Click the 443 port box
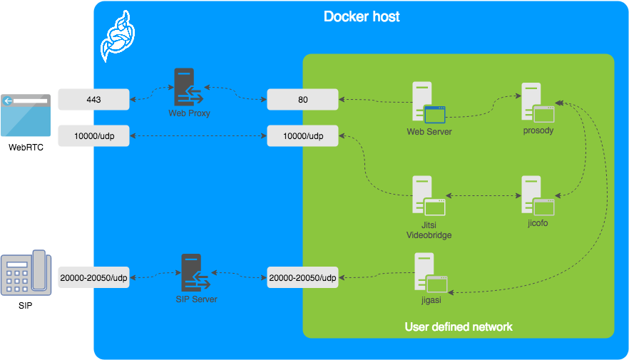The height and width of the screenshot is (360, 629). [x=94, y=99]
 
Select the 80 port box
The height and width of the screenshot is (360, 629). [x=303, y=99]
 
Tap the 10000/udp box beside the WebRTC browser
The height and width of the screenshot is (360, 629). [x=94, y=136]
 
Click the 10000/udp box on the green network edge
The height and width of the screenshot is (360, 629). [x=303, y=136]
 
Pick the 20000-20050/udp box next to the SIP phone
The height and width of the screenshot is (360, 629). [x=94, y=277]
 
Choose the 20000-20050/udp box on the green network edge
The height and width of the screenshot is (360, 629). [x=303, y=277]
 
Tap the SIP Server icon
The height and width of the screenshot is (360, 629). [x=195, y=272]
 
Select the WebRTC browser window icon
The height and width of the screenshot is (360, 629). [x=26, y=115]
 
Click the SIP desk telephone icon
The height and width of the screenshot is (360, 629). [x=26, y=273]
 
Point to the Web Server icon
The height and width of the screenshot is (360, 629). [x=429, y=103]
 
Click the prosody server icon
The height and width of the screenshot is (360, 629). [x=538, y=103]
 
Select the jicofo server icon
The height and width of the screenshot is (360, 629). [x=538, y=195]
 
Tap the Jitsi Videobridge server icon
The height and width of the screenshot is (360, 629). [x=429, y=195]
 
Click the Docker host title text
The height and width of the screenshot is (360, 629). [x=362, y=16]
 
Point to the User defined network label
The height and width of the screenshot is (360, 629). [x=459, y=326]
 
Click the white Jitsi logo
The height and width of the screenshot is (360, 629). [x=118, y=36]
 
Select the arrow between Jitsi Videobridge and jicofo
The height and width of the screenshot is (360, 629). [x=484, y=195]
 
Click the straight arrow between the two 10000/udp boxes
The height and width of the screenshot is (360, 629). [x=198, y=136]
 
